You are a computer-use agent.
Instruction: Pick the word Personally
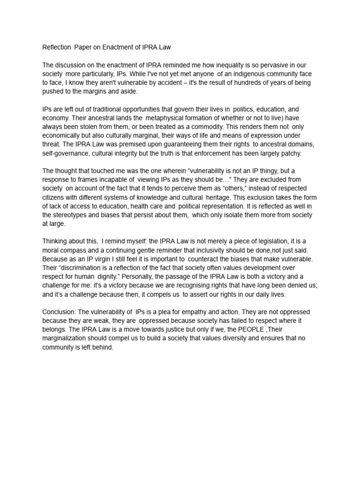click(152, 277)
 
